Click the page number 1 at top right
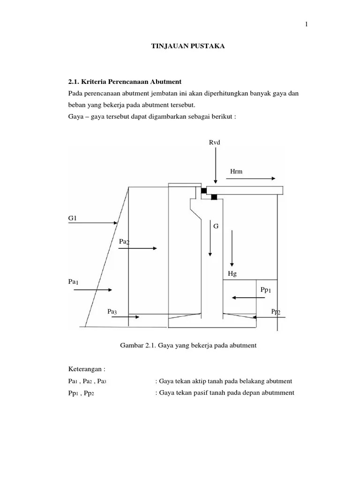click(306, 25)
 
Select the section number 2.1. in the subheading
click(76, 82)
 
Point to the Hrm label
click(236, 172)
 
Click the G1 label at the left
click(73, 218)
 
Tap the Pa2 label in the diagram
click(124, 241)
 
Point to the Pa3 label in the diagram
click(112, 311)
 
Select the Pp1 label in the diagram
click(266, 291)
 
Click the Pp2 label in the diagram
click(276, 312)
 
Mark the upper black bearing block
click(203, 191)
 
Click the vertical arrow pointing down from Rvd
click(215, 164)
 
